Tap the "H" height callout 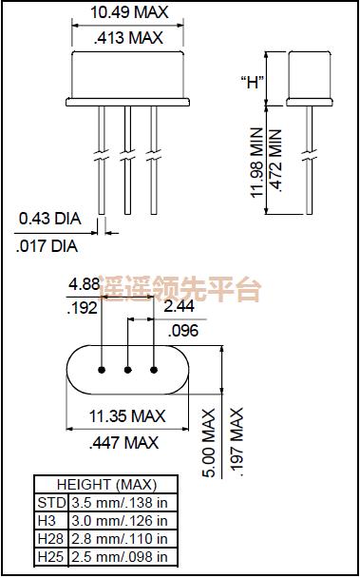[x=253, y=81]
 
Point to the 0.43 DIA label [x=50, y=220]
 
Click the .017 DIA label [x=47, y=246]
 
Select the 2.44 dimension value [x=180, y=307]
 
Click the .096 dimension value [x=183, y=331]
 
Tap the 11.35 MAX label [x=127, y=416]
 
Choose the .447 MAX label [x=127, y=442]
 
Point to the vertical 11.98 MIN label [x=256, y=161]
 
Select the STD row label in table [x=47, y=502]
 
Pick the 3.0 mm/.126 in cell [x=120, y=520]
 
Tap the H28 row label [x=47, y=538]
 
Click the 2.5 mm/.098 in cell [x=120, y=557]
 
